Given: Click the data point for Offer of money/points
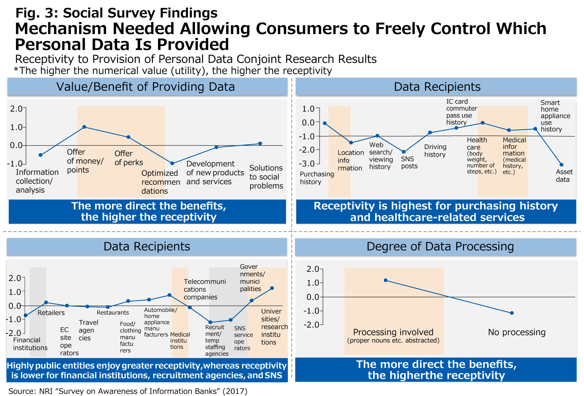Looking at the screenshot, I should pos(84,127).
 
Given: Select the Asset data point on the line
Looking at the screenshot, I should pos(562,165).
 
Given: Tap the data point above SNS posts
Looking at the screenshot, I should pos(404,152).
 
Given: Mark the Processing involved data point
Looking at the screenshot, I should pos(385,280).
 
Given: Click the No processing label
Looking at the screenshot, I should pos(517,332).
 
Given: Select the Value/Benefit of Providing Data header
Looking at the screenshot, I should pos(146,87).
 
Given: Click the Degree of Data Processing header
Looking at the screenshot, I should pos(440,247).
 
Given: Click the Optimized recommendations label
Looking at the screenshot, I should pos(161,182).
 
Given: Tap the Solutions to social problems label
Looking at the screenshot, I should pos(266,177).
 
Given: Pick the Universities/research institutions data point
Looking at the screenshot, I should pos(272,288).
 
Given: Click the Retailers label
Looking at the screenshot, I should pos(51,313).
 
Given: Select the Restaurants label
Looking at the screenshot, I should pos(113,313).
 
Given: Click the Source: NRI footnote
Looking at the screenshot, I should pos(128,391).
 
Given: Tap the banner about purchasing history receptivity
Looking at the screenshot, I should pos(436,212).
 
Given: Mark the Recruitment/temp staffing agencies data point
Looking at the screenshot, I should pos(210,322).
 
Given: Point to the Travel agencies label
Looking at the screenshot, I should pos(88,330).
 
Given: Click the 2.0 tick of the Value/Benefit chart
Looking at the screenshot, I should pos(16,108).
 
